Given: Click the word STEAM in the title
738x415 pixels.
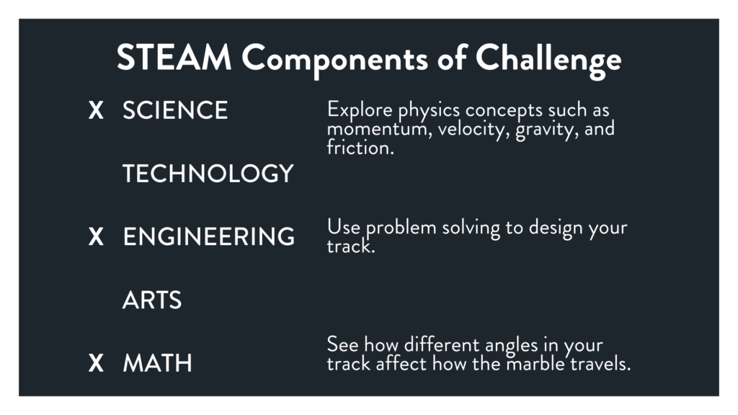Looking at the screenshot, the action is [174, 58].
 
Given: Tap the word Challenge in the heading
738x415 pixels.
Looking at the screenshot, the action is [548, 61].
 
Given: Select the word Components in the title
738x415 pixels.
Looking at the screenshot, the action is [334, 61].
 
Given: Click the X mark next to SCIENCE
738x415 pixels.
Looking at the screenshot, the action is [96, 110].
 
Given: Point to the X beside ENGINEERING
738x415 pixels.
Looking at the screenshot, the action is [96, 236].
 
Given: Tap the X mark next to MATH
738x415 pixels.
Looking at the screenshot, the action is [96, 363].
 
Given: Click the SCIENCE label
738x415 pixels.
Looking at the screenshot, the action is [175, 110].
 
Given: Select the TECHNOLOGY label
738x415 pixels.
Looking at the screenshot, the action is [208, 174].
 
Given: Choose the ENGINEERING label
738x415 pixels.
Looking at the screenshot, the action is [209, 236].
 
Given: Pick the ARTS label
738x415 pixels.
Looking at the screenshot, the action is [152, 300].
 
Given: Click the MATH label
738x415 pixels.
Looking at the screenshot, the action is [158, 363].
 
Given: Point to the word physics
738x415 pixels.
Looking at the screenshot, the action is [429, 111].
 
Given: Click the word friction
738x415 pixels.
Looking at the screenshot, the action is [360, 148].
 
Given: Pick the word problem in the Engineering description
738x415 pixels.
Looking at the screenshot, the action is [401, 228].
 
